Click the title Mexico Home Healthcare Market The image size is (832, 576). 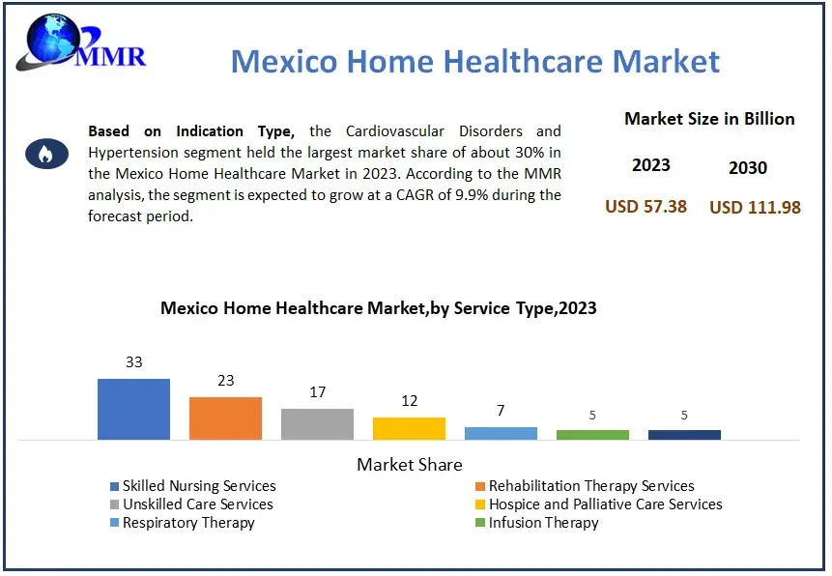[475, 62]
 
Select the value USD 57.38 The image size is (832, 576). [646, 206]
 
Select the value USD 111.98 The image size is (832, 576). [755, 207]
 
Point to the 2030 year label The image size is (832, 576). [747, 167]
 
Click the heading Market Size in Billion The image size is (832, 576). [709, 119]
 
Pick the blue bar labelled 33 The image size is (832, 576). [133, 409]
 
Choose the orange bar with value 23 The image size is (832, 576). [225, 418]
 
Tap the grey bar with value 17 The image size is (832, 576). [317, 423]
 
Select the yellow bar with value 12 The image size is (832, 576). [409, 428]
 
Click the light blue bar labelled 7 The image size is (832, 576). [501, 433]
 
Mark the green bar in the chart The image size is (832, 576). [592, 435]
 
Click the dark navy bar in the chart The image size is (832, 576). [684, 435]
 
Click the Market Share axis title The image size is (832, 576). [410, 465]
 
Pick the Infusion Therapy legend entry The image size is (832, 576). [543, 523]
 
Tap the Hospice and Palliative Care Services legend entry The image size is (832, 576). [605, 504]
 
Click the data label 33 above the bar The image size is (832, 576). [133, 362]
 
